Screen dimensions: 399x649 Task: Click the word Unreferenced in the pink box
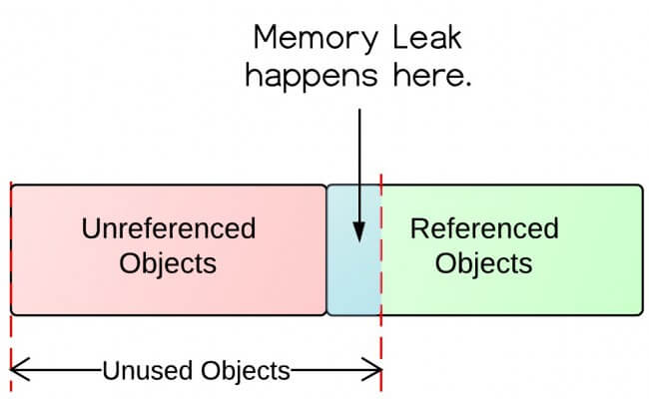(168, 228)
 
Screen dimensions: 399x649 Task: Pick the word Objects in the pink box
(168, 264)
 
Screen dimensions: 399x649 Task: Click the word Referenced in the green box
(484, 228)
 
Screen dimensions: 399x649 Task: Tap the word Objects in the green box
(484, 264)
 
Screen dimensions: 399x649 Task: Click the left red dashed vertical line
(10, 339)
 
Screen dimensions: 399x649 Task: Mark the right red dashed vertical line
(381, 339)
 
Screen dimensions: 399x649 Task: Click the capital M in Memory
(267, 39)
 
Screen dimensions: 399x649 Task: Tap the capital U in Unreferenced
(89, 228)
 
